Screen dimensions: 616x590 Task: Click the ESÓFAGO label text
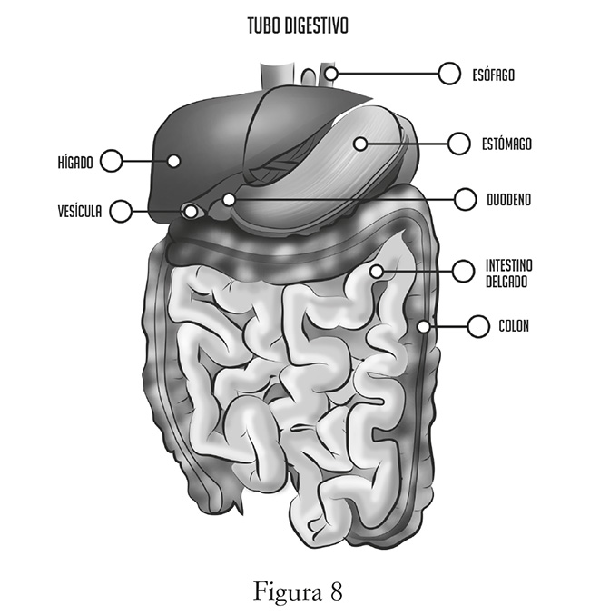pyautogui.click(x=493, y=75)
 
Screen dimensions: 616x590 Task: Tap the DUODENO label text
pyautogui.click(x=506, y=199)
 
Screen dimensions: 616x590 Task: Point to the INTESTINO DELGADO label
pyautogui.click(x=508, y=273)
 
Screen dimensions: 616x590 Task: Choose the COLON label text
pyautogui.click(x=513, y=325)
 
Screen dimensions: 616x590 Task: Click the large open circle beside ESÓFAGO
pyautogui.click(x=448, y=74)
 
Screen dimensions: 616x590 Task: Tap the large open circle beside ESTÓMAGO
pyautogui.click(x=459, y=144)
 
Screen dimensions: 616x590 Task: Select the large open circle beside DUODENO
pyautogui.click(x=465, y=199)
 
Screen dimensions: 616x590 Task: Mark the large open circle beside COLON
pyautogui.click(x=478, y=325)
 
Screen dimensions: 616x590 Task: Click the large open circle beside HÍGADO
pyautogui.click(x=111, y=161)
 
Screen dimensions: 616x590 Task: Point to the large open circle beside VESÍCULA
pyautogui.click(x=120, y=212)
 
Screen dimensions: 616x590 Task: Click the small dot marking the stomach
pyautogui.click(x=360, y=144)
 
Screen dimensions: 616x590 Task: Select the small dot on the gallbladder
pyautogui.click(x=191, y=212)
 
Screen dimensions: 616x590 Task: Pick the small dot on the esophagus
pyautogui.click(x=331, y=73)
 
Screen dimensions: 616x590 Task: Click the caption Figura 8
pyautogui.click(x=297, y=591)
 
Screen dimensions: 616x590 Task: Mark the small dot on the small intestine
pyautogui.click(x=377, y=271)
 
